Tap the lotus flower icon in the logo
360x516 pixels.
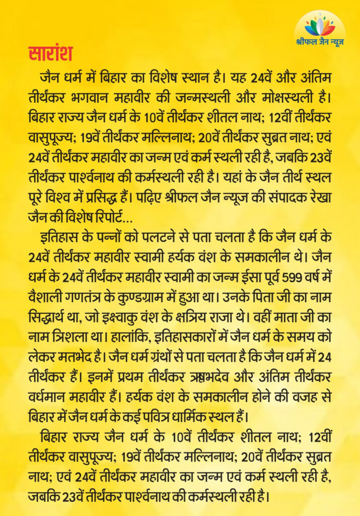tap(320, 26)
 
